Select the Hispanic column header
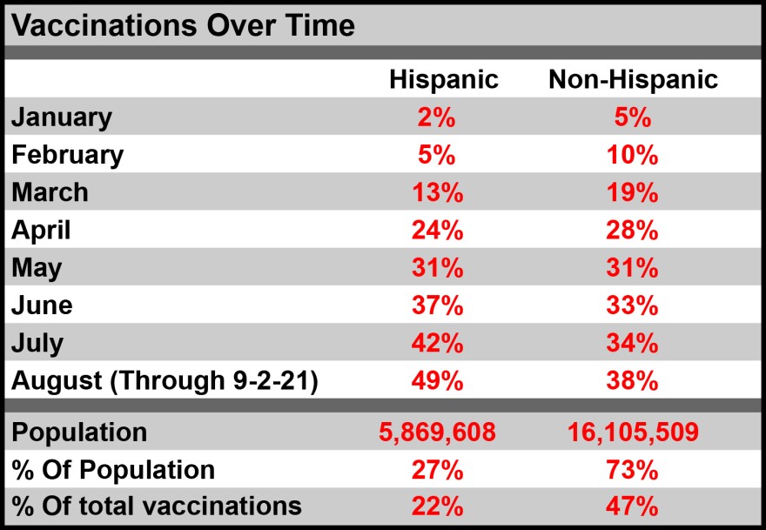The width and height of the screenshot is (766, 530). (x=443, y=79)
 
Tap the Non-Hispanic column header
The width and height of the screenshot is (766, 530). (x=633, y=79)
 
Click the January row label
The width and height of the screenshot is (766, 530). (x=62, y=117)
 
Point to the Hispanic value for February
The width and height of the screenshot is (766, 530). (x=436, y=155)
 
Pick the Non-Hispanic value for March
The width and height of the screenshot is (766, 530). (x=633, y=192)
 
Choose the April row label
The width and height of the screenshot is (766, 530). (x=41, y=230)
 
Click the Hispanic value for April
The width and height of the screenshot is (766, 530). (x=436, y=230)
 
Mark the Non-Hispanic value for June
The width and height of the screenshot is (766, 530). (x=633, y=305)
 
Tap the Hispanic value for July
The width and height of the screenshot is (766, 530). (x=436, y=343)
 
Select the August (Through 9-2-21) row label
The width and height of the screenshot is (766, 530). (x=164, y=380)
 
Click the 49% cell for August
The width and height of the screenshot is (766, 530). (x=436, y=380)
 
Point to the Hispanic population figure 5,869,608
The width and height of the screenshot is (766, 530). (x=437, y=432)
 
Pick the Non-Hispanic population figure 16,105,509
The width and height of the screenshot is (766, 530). (x=633, y=432)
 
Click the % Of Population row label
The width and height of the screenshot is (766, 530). (x=113, y=469)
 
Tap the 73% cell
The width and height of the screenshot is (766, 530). (x=633, y=469)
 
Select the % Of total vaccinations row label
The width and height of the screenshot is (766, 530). (x=157, y=506)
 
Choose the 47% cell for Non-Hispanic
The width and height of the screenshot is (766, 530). (x=633, y=506)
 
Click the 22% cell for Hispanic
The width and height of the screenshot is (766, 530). (x=436, y=506)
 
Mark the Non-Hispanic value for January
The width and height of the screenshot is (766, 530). (x=633, y=117)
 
